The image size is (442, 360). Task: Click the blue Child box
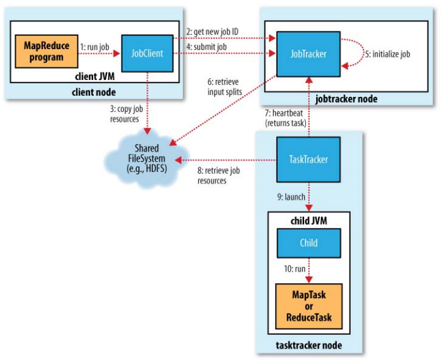pos(309,242)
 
